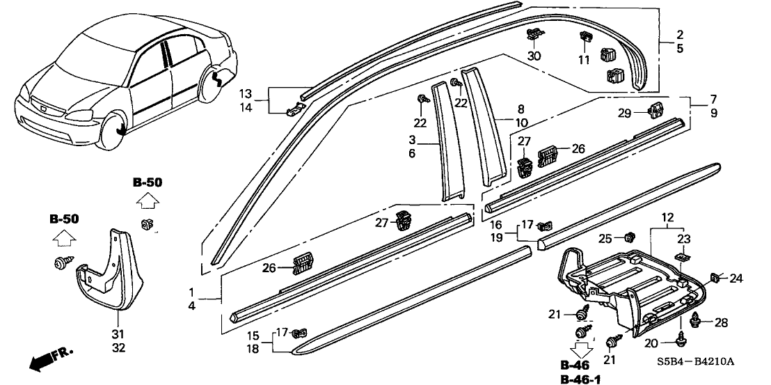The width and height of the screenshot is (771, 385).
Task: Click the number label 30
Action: click(x=534, y=56)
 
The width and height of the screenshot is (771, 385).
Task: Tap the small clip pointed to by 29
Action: click(x=655, y=109)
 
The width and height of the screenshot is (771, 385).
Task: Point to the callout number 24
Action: click(x=736, y=279)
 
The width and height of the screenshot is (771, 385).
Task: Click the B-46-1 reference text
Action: click(x=578, y=379)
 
